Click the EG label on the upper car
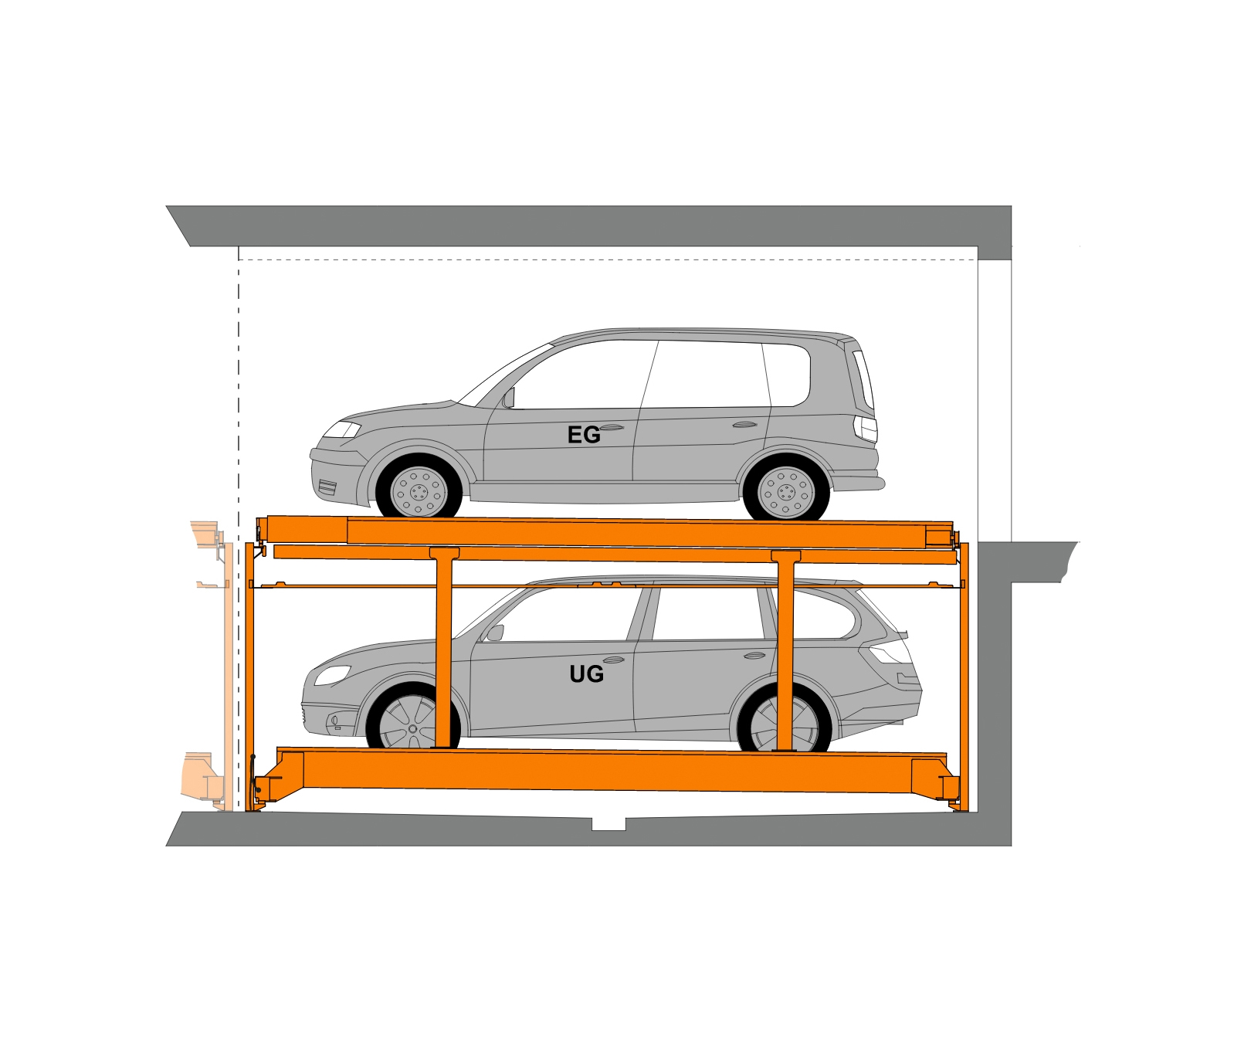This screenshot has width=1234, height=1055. point(583,436)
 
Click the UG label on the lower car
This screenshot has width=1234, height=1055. point(586,674)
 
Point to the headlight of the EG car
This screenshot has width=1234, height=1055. point(341,429)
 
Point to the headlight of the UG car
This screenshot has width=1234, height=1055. point(332,674)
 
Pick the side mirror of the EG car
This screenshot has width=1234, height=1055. point(508,398)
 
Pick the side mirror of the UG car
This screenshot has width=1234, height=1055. point(494,633)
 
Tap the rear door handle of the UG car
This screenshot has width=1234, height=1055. point(754,656)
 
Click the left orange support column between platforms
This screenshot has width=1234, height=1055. point(443,648)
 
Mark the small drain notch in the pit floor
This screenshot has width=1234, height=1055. point(609,824)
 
